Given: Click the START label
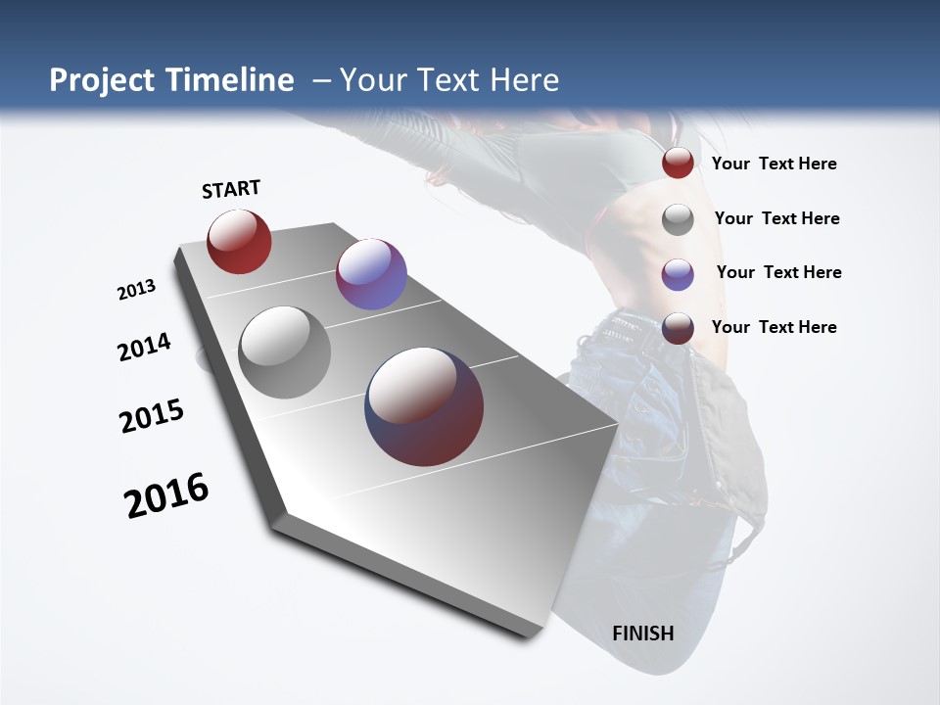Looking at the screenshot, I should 231,189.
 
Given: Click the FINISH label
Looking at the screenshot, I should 642,634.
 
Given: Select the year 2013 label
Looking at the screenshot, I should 137,290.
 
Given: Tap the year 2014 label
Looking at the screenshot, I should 145,347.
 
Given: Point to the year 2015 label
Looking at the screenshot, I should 152,416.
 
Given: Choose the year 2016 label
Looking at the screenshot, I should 166,495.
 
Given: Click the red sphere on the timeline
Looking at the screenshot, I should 239,242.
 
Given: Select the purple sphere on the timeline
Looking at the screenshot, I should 371,274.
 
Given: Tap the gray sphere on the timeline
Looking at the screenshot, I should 285,352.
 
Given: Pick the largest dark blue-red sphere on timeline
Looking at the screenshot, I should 424,406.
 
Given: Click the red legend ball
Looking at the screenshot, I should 678,164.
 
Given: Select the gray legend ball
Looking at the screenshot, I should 678,219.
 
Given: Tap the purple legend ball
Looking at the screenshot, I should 678,274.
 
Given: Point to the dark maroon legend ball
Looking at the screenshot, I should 678,328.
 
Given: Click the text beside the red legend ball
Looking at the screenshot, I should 774,164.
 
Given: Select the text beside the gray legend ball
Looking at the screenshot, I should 776,218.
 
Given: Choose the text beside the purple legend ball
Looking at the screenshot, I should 778,272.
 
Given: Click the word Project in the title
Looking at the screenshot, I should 104,80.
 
